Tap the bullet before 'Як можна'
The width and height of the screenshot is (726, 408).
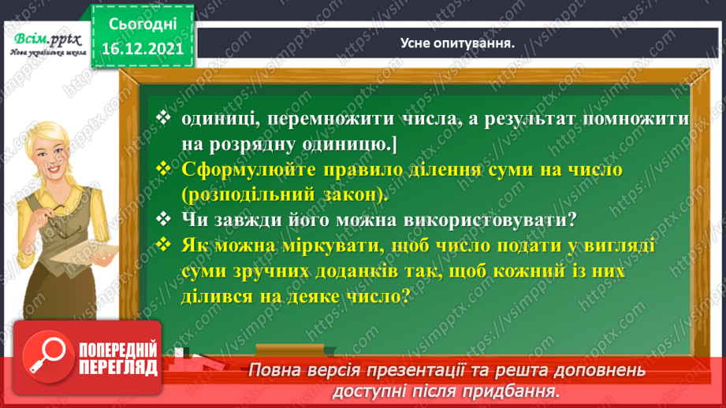164,246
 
